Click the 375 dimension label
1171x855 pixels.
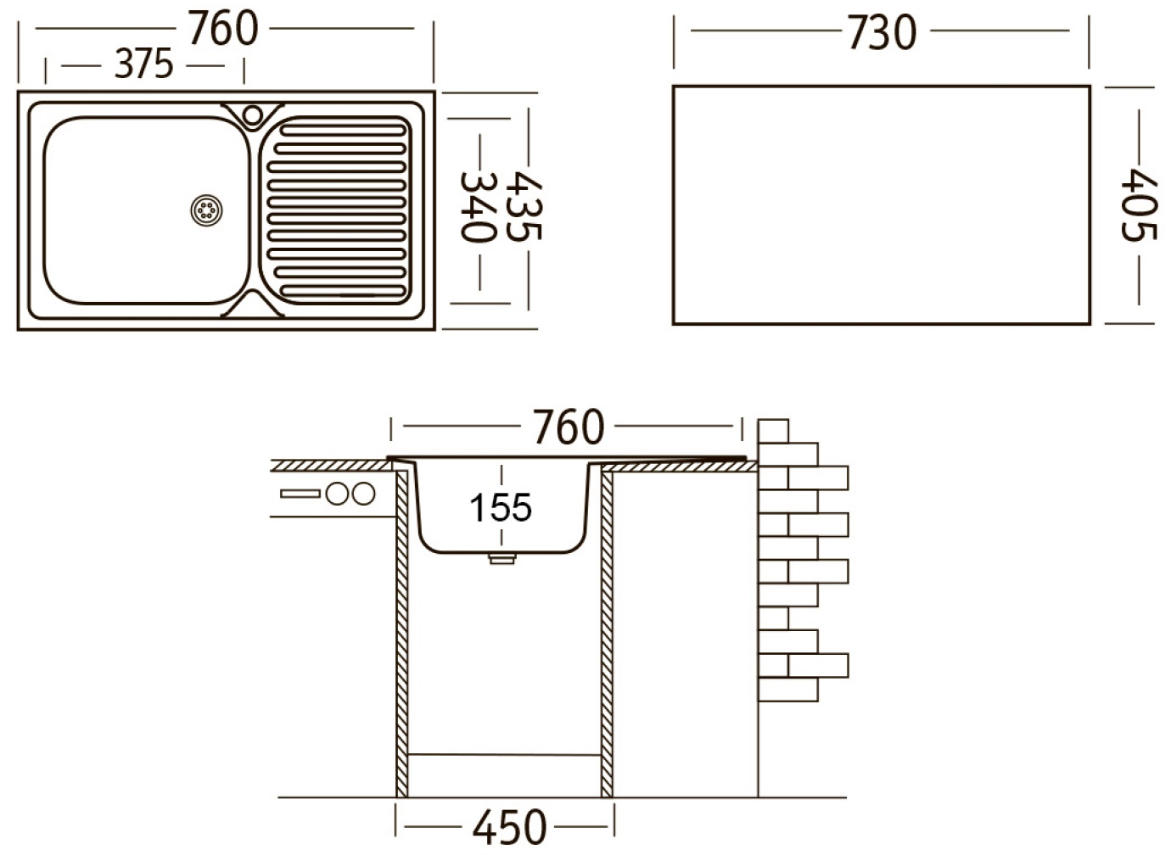(143, 64)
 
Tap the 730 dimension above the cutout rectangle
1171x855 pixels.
(882, 32)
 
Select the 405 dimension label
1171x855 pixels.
(1139, 204)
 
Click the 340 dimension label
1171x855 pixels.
(477, 208)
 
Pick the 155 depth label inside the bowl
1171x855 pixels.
(501, 507)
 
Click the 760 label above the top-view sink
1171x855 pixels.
(223, 28)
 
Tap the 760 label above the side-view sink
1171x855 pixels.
(569, 427)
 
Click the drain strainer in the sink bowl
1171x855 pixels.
(206, 210)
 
